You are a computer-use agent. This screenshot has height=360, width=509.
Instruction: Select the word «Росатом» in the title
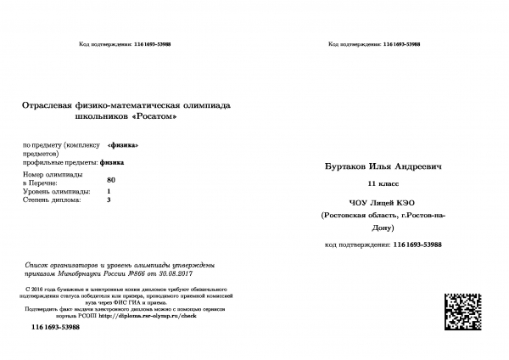click(155, 115)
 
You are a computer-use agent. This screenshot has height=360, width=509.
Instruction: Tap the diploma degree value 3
click(109, 200)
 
